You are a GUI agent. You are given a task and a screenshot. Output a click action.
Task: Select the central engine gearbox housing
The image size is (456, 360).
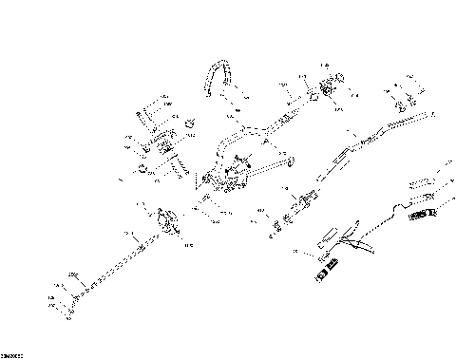[226, 179]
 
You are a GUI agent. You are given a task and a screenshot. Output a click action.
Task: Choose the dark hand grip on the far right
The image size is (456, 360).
[420, 216]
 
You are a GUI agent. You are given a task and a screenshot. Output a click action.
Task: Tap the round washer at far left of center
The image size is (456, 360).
[141, 170]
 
